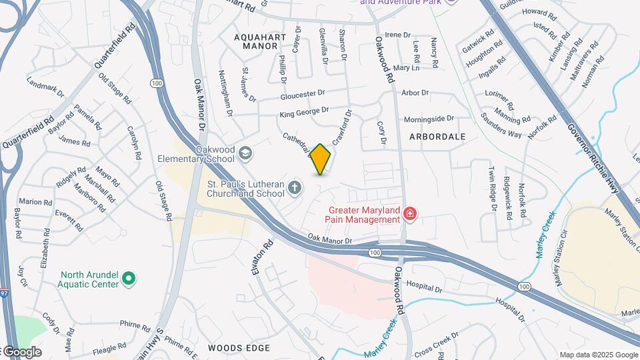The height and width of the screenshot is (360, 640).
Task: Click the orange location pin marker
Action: pos(321,159)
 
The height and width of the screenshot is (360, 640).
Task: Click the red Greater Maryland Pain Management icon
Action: pos(410,214)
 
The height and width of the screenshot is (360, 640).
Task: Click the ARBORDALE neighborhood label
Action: pos(437,136)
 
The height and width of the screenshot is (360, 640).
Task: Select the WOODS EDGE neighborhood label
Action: pos(239,348)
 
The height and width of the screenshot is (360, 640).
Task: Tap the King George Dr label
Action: pos(304,111)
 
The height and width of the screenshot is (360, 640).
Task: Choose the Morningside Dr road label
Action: pos(429,119)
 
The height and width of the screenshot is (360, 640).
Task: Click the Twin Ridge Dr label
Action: pos(493,188)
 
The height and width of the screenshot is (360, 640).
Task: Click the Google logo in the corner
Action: pos(21,351)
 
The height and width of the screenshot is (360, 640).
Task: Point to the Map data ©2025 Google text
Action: pos(597,355)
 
